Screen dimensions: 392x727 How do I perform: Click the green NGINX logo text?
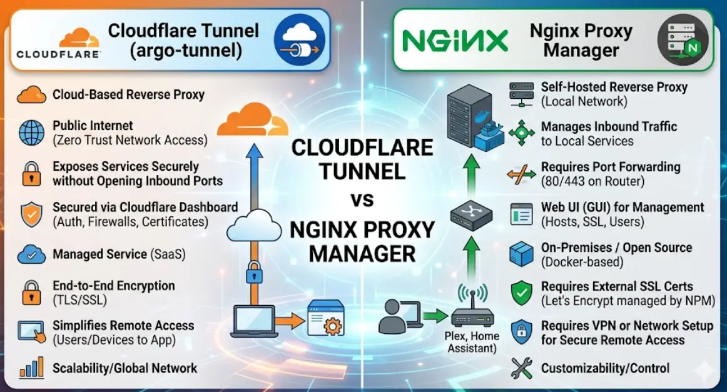click(x=454, y=41)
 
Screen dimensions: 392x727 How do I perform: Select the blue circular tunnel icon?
click(x=300, y=39)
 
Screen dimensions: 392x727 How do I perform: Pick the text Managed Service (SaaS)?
click(x=119, y=254)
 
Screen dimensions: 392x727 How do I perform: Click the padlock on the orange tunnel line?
click(x=253, y=274)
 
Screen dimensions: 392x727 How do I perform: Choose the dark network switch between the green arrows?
click(x=472, y=214)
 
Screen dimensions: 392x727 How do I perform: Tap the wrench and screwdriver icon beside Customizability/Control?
click(x=521, y=368)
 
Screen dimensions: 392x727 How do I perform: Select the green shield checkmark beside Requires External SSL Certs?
click(x=521, y=293)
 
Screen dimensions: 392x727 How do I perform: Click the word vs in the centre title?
click(x=362, y=200)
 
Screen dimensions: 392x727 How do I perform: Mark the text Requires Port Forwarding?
click(x=611, y=168)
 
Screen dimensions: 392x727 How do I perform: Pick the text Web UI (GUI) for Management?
click(x=623, y=207)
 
